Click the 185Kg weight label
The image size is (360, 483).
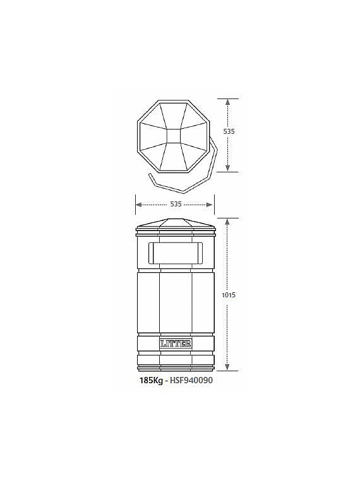coord(151,381)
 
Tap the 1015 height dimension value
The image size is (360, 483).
coord(229,295)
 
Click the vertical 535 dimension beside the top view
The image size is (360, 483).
coord(229,131)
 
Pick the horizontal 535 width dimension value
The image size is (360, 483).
coord(176,204)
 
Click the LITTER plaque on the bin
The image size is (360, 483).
coord(176,343)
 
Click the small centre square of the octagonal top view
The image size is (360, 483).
coord(174,136)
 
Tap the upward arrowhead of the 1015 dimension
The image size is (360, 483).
coord(227,221)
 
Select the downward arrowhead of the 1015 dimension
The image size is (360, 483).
coord(227,367)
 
